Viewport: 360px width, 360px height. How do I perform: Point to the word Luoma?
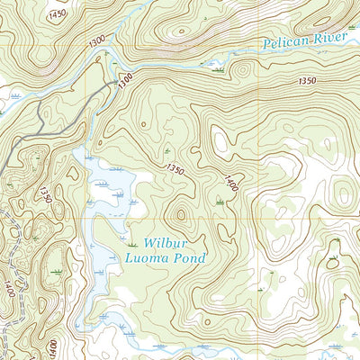[x=144, y=257]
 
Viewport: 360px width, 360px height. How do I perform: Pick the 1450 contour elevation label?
[x=58, y=14]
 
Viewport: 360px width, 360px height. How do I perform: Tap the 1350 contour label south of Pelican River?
[x=306, y=81]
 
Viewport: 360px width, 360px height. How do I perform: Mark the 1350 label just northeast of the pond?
[x=175, y=168]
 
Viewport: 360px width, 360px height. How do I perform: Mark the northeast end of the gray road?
[x=117, y=83]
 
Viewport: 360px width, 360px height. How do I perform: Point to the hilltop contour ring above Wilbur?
[x=181, y=214]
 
